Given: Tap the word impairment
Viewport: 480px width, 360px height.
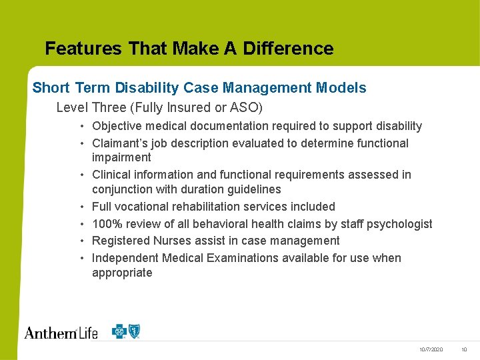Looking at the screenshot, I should click(x=121, y=157).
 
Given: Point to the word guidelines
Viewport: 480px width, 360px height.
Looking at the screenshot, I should click(x=253, y=189).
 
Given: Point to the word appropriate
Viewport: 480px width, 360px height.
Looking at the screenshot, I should click(x=122, y=273).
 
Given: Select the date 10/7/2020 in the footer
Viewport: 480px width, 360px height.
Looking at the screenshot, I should click(x=431, y=350).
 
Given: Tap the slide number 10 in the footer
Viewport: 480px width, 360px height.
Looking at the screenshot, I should click(x=464, y=350).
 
